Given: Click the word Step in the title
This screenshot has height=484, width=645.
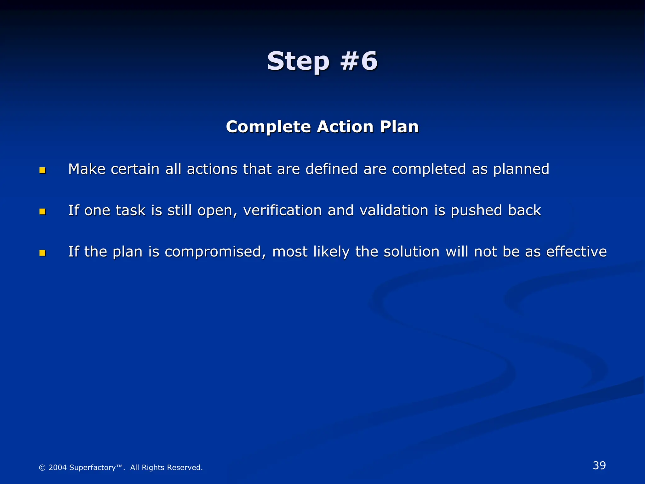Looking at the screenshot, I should (x=298, y=61).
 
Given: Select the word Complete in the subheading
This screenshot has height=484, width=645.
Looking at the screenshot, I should (x=268, y=127).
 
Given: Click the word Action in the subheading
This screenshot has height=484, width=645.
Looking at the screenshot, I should (x=345, y=127).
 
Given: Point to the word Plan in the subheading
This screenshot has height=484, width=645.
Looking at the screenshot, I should (x=399, y=127).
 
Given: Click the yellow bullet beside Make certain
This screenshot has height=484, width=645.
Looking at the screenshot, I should (x=43, y=170).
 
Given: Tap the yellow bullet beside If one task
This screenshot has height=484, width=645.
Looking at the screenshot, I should (x=43, y=211).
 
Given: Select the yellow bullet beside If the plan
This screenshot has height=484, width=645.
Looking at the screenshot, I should (x=43, y=253).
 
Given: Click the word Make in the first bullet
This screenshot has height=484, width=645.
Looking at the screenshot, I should (x=87, y=169).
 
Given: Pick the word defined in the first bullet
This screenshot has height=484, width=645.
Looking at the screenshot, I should (x=331, y=169).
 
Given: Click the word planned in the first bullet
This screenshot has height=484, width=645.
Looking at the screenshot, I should (x=521, y=169).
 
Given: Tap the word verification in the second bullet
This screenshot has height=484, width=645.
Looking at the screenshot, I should (x=282, y=210).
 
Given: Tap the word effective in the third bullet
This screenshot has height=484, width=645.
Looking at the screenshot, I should (x=576, y=252).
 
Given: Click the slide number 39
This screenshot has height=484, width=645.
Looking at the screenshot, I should (x=599, y=465).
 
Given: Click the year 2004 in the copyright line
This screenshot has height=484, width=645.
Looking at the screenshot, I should (x=58, y=468).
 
